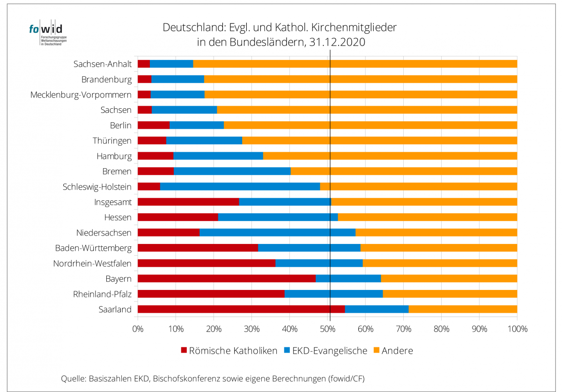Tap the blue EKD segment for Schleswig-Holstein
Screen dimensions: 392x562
pyautogui.click(x=240, y=186)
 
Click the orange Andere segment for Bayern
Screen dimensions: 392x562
pyautogui.click(x=449, y=279)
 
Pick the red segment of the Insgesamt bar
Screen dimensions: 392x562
pyautogui.click(x=188, y=202)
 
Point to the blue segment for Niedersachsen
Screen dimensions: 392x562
pyautogui.click(x=277, y=232)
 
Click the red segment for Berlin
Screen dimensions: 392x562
pyautogui.click(x=154, y=125)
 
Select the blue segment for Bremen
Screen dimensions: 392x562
pyautogui.click(x=232, y=171)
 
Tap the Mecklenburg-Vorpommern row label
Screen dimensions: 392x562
pyautogui.click(x=81, y=95)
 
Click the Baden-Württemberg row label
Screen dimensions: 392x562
pyautogui.click(x=93, y=248)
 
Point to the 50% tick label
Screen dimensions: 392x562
pyautogui.click(x=327, y=329)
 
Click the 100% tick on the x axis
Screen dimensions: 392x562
pyautogui.click(x=517, y=329)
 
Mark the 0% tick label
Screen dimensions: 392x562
pyautogui.click(x=138, y=329)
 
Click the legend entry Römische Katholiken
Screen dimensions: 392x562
pyautogui.click(x=233, y=350)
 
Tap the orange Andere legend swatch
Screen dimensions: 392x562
pyautogui.click(x=376, y=350)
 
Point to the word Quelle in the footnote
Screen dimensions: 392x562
pyautogui.click(x=73, y=378)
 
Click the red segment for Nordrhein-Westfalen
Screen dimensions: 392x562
pyautogui.click(x=206, y=263)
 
